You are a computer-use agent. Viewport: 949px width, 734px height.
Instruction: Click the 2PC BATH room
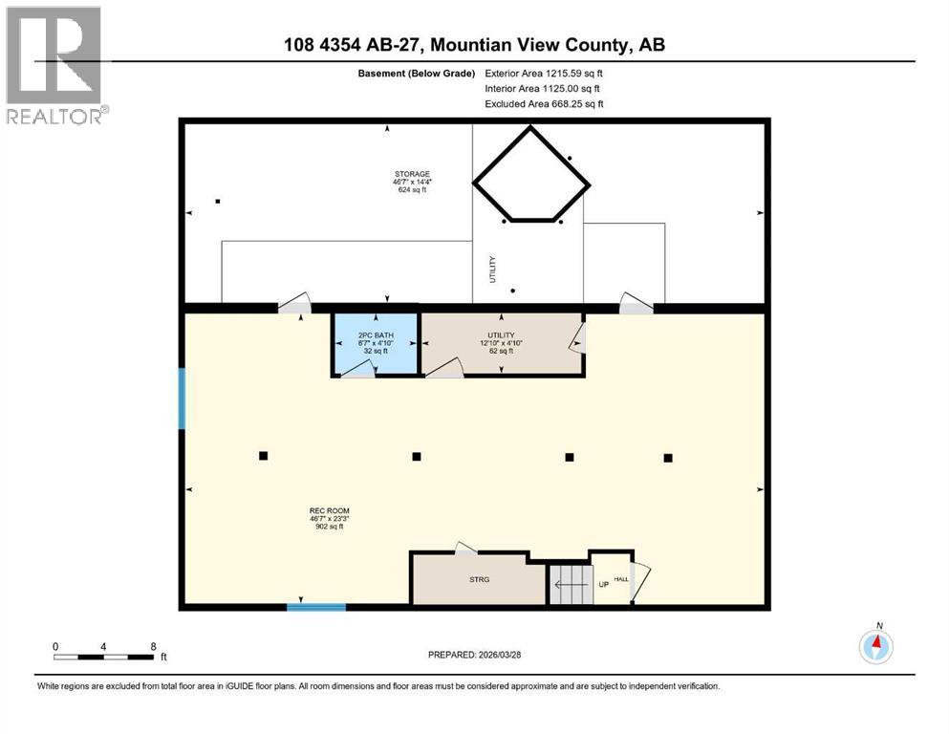(x=375, y=342)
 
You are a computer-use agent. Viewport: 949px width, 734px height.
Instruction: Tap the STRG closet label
(x=478, y=579)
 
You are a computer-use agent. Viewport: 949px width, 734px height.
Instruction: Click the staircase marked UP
(x=571, y=583)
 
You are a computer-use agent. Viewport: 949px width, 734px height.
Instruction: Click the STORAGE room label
(x=411, y=175)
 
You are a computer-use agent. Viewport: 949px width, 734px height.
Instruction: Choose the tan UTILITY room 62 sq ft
(x=502, y=342)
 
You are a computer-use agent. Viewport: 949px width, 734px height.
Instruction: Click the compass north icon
(x=875, y=647)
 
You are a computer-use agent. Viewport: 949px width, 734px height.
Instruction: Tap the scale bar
(x=104, y=656)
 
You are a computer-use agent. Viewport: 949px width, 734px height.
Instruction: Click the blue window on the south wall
(x=316, y=606)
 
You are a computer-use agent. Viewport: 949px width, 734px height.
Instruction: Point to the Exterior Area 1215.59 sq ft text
(x=544, y=72)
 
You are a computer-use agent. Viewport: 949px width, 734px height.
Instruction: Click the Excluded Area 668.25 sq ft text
(x=544, y=103)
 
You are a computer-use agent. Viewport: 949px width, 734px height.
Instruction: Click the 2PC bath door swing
(x=356, y=371)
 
